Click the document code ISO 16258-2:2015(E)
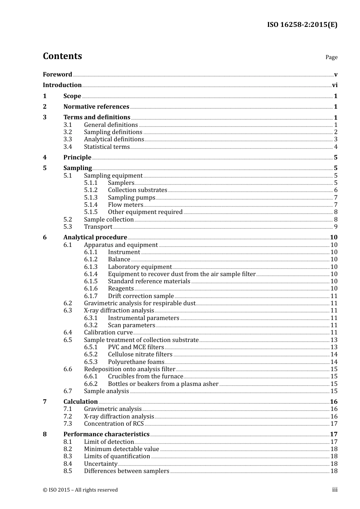pos(302,25)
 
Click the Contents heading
pos(62,56)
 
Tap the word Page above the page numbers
pos(331,57)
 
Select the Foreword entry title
pos(57,75)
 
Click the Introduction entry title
pos(62,85)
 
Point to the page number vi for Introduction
pos(335,85)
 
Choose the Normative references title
pos(96,107)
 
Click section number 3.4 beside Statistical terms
pos(67,147)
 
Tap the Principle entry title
pos(77,158)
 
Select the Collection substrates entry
pos(137,190)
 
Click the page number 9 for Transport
pos(335,227)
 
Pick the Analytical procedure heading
pos(95,237)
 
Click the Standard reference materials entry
pos(149,281)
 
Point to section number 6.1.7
pos(91,296)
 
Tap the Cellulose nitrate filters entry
pos(140,354)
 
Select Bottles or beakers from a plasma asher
pos(163,384)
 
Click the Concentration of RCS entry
pos(114,424)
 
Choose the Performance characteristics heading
pos(106,434)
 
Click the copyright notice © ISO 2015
pos(80,490)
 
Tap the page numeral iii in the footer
pos(335,490)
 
